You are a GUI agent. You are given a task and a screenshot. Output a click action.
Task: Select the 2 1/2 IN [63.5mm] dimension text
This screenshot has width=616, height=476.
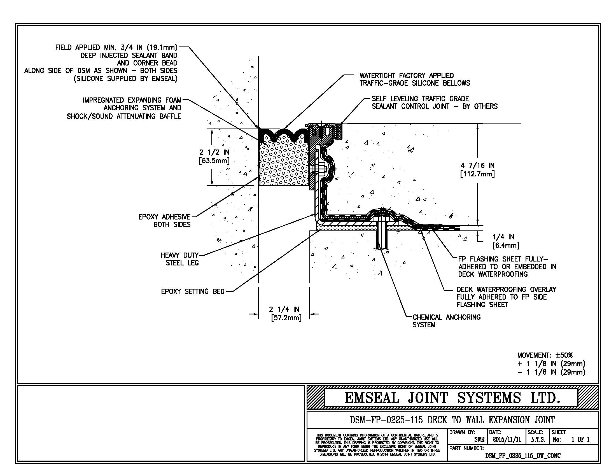(214, 157)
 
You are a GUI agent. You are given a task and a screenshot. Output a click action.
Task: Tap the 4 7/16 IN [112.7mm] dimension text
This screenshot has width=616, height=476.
(477, 170)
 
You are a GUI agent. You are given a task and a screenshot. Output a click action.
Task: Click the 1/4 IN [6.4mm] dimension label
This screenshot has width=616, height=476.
(505, 241)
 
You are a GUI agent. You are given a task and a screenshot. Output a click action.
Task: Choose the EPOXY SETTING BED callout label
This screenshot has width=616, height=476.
(193, 291)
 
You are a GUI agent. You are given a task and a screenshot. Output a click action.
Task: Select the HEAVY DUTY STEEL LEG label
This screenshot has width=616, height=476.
(180, 259)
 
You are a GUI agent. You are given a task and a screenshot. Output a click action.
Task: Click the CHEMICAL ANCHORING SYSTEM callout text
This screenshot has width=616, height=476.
(446, 321)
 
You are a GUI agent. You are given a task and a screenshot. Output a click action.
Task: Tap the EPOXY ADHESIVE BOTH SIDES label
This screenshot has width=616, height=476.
(164, 221)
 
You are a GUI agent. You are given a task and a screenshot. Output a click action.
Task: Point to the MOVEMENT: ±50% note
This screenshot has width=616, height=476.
(545, 355)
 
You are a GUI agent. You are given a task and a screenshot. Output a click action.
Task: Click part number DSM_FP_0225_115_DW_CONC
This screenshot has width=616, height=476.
(523, 456)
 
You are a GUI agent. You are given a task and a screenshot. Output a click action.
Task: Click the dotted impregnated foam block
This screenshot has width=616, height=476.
(283, 164)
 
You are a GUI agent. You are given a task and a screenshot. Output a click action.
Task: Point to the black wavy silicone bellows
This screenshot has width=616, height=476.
(283, 134)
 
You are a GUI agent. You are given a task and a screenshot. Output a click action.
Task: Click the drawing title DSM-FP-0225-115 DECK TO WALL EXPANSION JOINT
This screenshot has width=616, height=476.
(452, 420)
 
